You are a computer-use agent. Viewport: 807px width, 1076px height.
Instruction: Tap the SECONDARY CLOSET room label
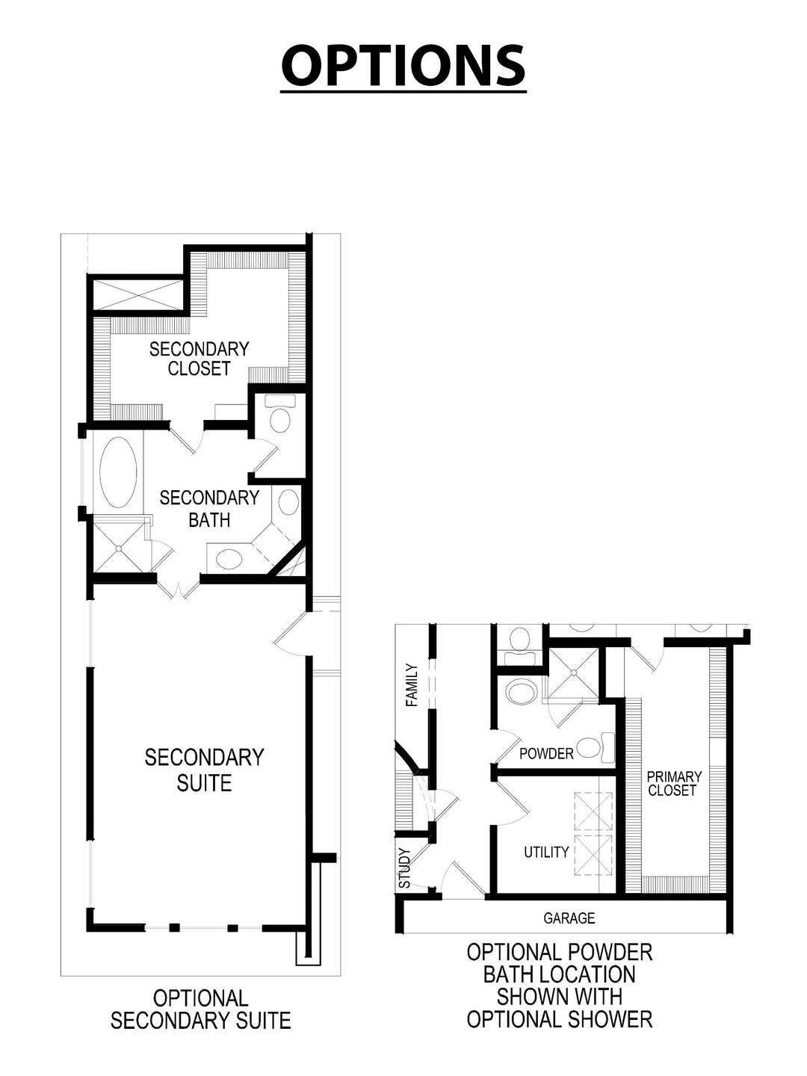[199, 359]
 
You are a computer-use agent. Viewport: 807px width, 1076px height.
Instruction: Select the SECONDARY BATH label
[209, 508]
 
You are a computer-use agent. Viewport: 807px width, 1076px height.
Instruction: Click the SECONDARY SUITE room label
[204, 770]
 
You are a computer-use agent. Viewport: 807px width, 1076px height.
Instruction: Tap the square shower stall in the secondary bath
[119, 547]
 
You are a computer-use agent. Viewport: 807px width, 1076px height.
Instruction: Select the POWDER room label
[546, 753]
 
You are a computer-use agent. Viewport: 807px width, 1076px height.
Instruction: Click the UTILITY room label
[546, 852]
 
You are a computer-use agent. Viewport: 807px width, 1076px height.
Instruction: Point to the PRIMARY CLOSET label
[673, 783]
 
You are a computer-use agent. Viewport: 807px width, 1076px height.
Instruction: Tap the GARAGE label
[569, 918]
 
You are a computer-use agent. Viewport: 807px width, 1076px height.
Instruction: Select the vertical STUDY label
[405, 868]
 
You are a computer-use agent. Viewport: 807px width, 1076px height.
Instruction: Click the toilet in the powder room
[595, 746]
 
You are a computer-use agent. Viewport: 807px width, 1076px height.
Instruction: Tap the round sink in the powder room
[519, 692]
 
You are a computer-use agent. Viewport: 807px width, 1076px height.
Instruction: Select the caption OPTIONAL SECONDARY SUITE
[200, 1009]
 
